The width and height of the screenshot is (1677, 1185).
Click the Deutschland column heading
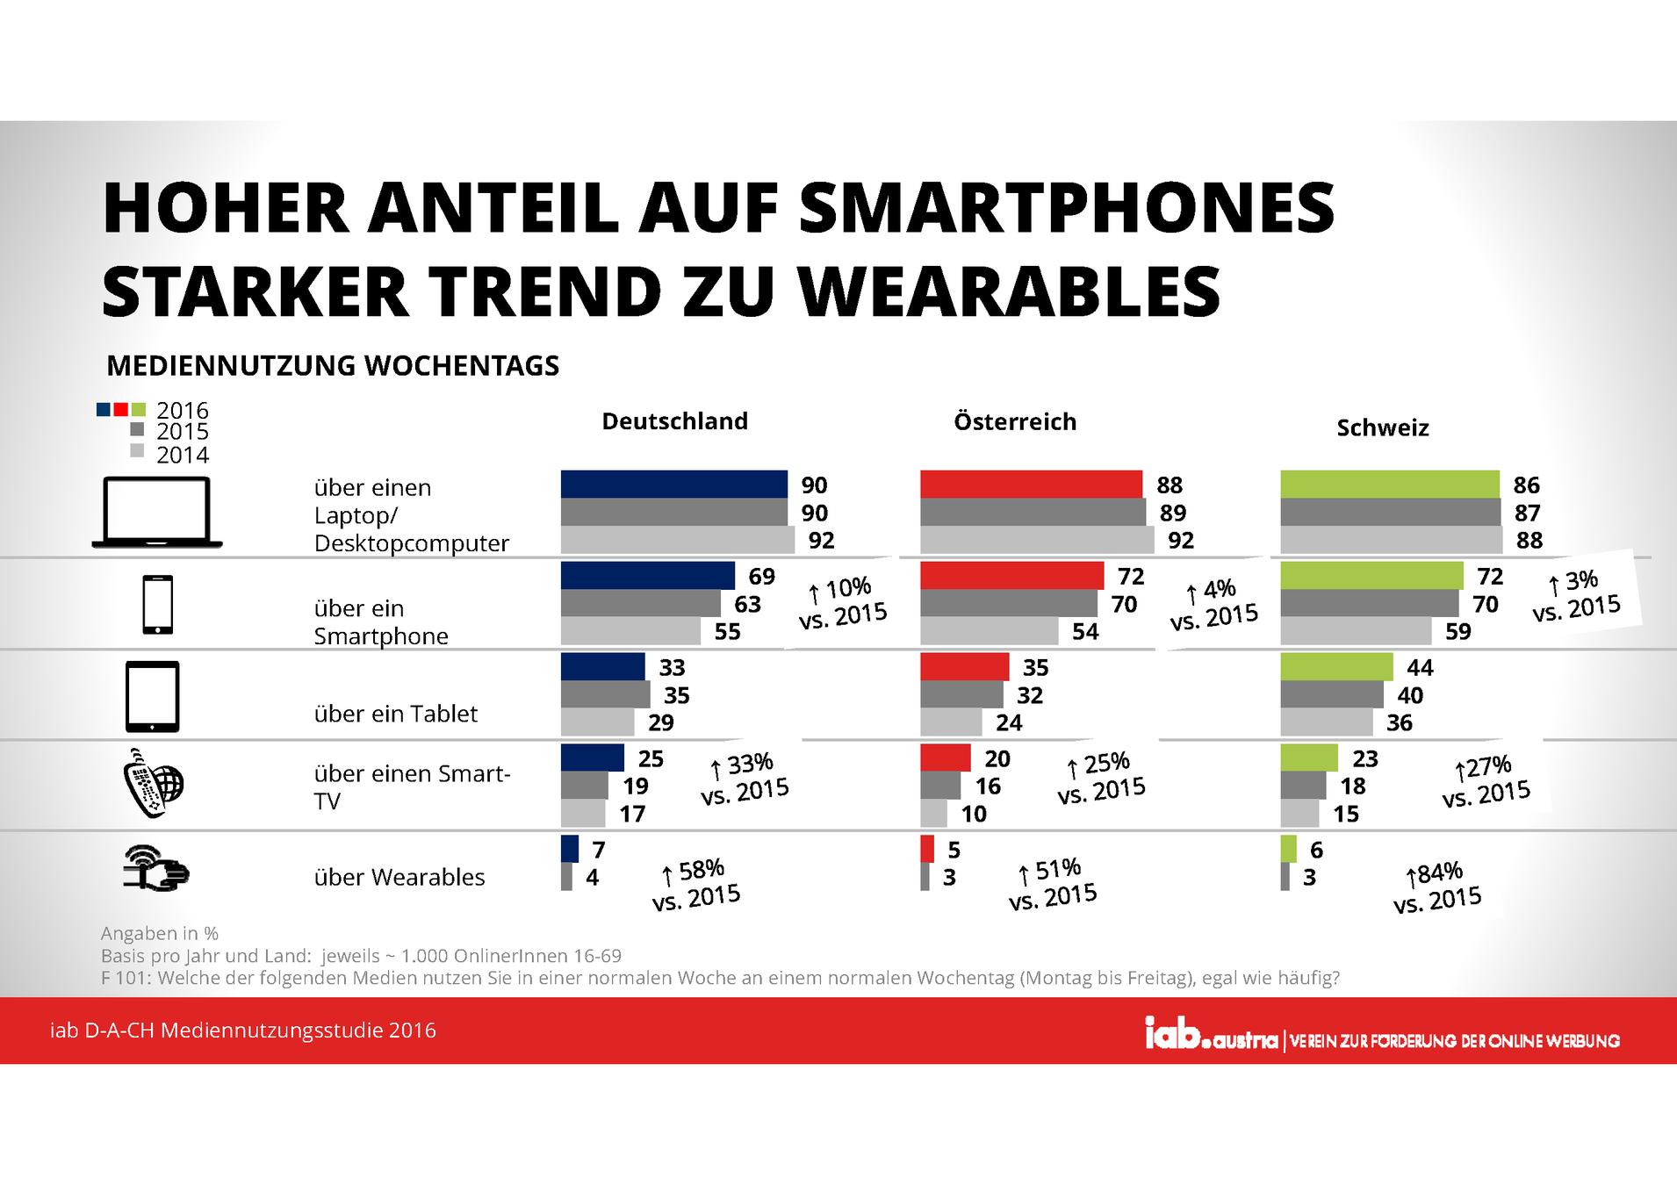click(674, 421)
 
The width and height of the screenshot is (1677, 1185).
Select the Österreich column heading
click(1015, 421)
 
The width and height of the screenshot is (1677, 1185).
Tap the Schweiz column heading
click(1383, 427)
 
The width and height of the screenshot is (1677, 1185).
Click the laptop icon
click(157, 513)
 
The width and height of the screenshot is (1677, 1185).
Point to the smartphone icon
click(158, 604)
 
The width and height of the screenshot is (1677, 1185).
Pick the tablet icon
click(153, 696)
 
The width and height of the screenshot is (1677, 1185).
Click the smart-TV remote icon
click(153, 783)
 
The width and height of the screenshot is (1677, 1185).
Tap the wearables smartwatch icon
click(156, 869)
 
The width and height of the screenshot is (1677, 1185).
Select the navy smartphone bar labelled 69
click(647, 575)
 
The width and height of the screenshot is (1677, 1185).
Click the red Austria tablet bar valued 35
click(964, 666)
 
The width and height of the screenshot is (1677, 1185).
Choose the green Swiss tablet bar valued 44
click(1336, 666)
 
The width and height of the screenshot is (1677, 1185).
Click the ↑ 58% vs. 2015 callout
click(696, 884)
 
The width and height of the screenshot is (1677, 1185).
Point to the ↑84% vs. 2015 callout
click(1437, 887)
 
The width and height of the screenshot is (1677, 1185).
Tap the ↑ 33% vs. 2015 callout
click(745, 778)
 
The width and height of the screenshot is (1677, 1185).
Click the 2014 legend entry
click(171, 454)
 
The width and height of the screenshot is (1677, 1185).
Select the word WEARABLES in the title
click(1010, 291)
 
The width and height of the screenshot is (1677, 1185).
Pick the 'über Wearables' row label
click(399, 877)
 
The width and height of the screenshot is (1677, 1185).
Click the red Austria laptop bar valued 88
click(1031, 484)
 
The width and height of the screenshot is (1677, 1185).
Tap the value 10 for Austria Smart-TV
click(974, 814)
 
